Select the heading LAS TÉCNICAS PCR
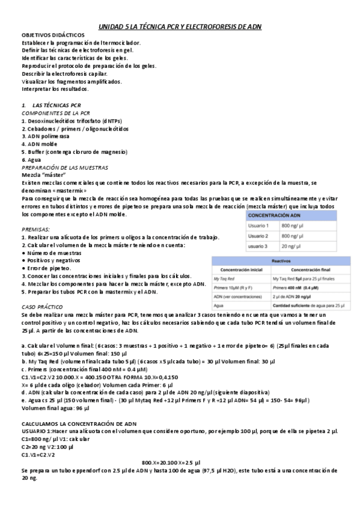pos(58,105)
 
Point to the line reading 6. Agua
pos(32,160)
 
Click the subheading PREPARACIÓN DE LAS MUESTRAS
pos(65,167)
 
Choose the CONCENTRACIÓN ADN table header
pos(274,214)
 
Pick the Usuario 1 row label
pos(259,226)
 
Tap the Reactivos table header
pos(277,261)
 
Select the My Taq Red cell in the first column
pos(226,280)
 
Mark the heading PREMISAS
pos(35,230)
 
